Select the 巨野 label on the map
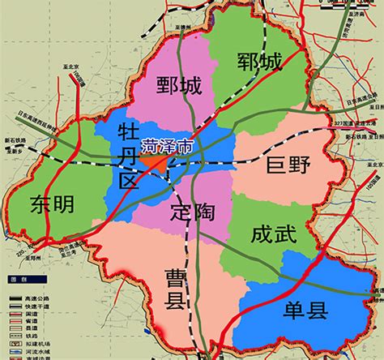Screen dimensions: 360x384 [x=288, y=167]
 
